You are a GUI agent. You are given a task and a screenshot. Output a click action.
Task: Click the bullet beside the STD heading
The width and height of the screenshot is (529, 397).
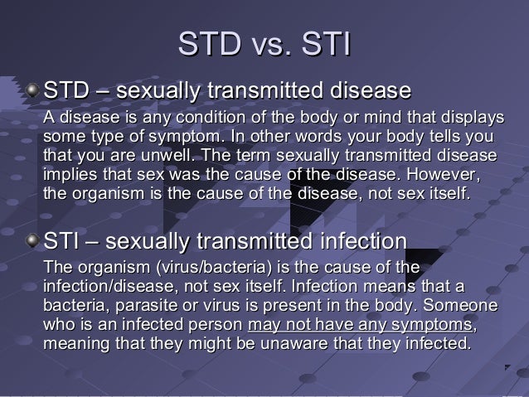[32, 89]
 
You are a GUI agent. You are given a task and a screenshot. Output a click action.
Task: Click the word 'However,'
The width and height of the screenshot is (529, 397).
[445, 176]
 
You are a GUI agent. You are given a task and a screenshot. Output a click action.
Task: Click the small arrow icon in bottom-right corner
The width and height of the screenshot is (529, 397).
[507, 366]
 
